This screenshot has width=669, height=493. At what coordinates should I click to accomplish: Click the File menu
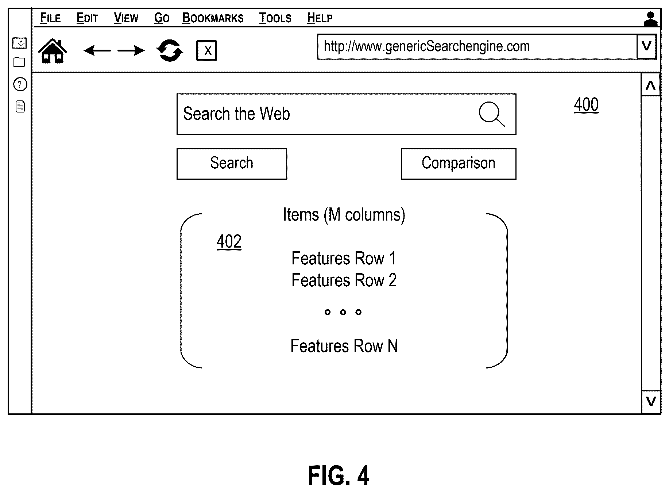pyautogui.click(x=50, y=18)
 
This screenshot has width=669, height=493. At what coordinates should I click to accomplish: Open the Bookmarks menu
pyautogui.click(x=213, y=18)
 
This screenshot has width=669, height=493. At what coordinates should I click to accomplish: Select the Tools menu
pyautogui.click(x=275, y=18)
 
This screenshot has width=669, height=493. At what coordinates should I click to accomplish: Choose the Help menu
pyautogui.click(x=320, y=18)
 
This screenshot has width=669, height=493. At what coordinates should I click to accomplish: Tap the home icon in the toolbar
pyautogui.click(x=53, y=51)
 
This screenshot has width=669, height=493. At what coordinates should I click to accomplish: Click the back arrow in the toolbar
pyautogui.click(x=97, y=50)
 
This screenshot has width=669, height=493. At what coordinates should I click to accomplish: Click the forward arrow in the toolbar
pyautogui.click(x=131, y=50)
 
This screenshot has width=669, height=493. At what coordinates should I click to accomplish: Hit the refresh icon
pyautogui.click(x=170, y=50)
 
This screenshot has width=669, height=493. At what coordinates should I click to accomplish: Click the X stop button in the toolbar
pyautogui.click(x=206, y=50)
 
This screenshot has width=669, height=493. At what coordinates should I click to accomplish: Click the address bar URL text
pyautogui.click(x=427, y=46)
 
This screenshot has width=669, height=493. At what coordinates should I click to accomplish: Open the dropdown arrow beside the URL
pyautogui.click(x=646, y=46)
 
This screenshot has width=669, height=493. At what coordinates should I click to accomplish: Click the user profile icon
pyautogui.click(x=650, y=19)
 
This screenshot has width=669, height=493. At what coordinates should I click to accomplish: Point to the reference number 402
pyautogui.click(x=229, y=241)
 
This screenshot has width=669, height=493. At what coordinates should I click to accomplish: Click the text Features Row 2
pyautogui.click(x=344, y=280)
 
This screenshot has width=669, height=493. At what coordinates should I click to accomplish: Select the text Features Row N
pyautogui.click(x=344, y=346)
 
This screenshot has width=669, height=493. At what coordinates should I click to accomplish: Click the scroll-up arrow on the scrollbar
pyautogui.click(x=650, y=85)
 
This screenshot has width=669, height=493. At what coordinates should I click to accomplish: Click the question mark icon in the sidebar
pyautogui.click(x=20, y=85)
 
